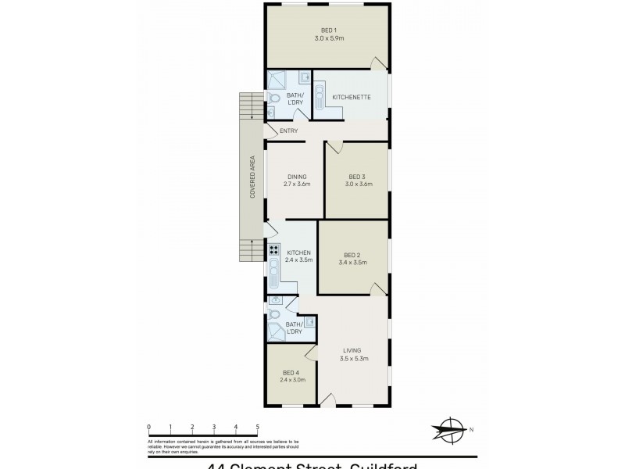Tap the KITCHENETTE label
[351, 97]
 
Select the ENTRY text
[288, 131]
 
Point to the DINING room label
[296, 177]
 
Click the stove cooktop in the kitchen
[274, 251]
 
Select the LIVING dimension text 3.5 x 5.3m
[354, 359]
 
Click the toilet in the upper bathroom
[273, 98]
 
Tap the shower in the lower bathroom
[276, 332]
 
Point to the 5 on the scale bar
[258, 427]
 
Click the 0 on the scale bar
[148, 427]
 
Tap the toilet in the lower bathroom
[274, 314]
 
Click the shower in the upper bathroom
[277, 81]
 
